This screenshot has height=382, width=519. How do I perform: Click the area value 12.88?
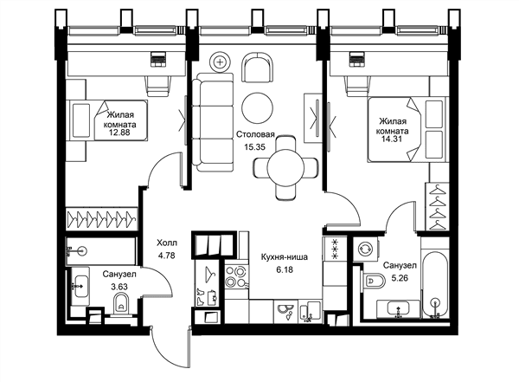(120, 133)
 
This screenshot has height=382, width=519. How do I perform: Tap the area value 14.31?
(392, 139)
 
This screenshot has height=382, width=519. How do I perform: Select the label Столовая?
(255, 134)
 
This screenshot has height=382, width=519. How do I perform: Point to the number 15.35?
(255, 147)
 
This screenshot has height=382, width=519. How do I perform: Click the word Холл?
(167, 243)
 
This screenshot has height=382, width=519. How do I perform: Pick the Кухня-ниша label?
(285, 257)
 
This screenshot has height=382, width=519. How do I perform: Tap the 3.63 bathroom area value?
(119, 287)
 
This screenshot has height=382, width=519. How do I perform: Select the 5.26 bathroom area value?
(400, 278)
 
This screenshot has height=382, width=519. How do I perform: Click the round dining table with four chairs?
(285, 167)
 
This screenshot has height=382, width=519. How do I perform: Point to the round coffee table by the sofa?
(257, 108)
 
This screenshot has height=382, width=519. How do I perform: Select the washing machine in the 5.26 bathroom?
(366, 249)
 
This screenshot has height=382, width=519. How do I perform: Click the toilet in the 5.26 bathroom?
(374, 282)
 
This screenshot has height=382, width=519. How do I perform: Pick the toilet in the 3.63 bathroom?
(121, 305)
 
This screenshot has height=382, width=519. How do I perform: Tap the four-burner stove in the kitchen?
(237, 277)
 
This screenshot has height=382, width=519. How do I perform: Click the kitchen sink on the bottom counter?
(285, 312)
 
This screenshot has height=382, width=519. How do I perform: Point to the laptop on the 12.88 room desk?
(158, 60)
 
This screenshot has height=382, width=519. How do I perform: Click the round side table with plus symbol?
(220, 62)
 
